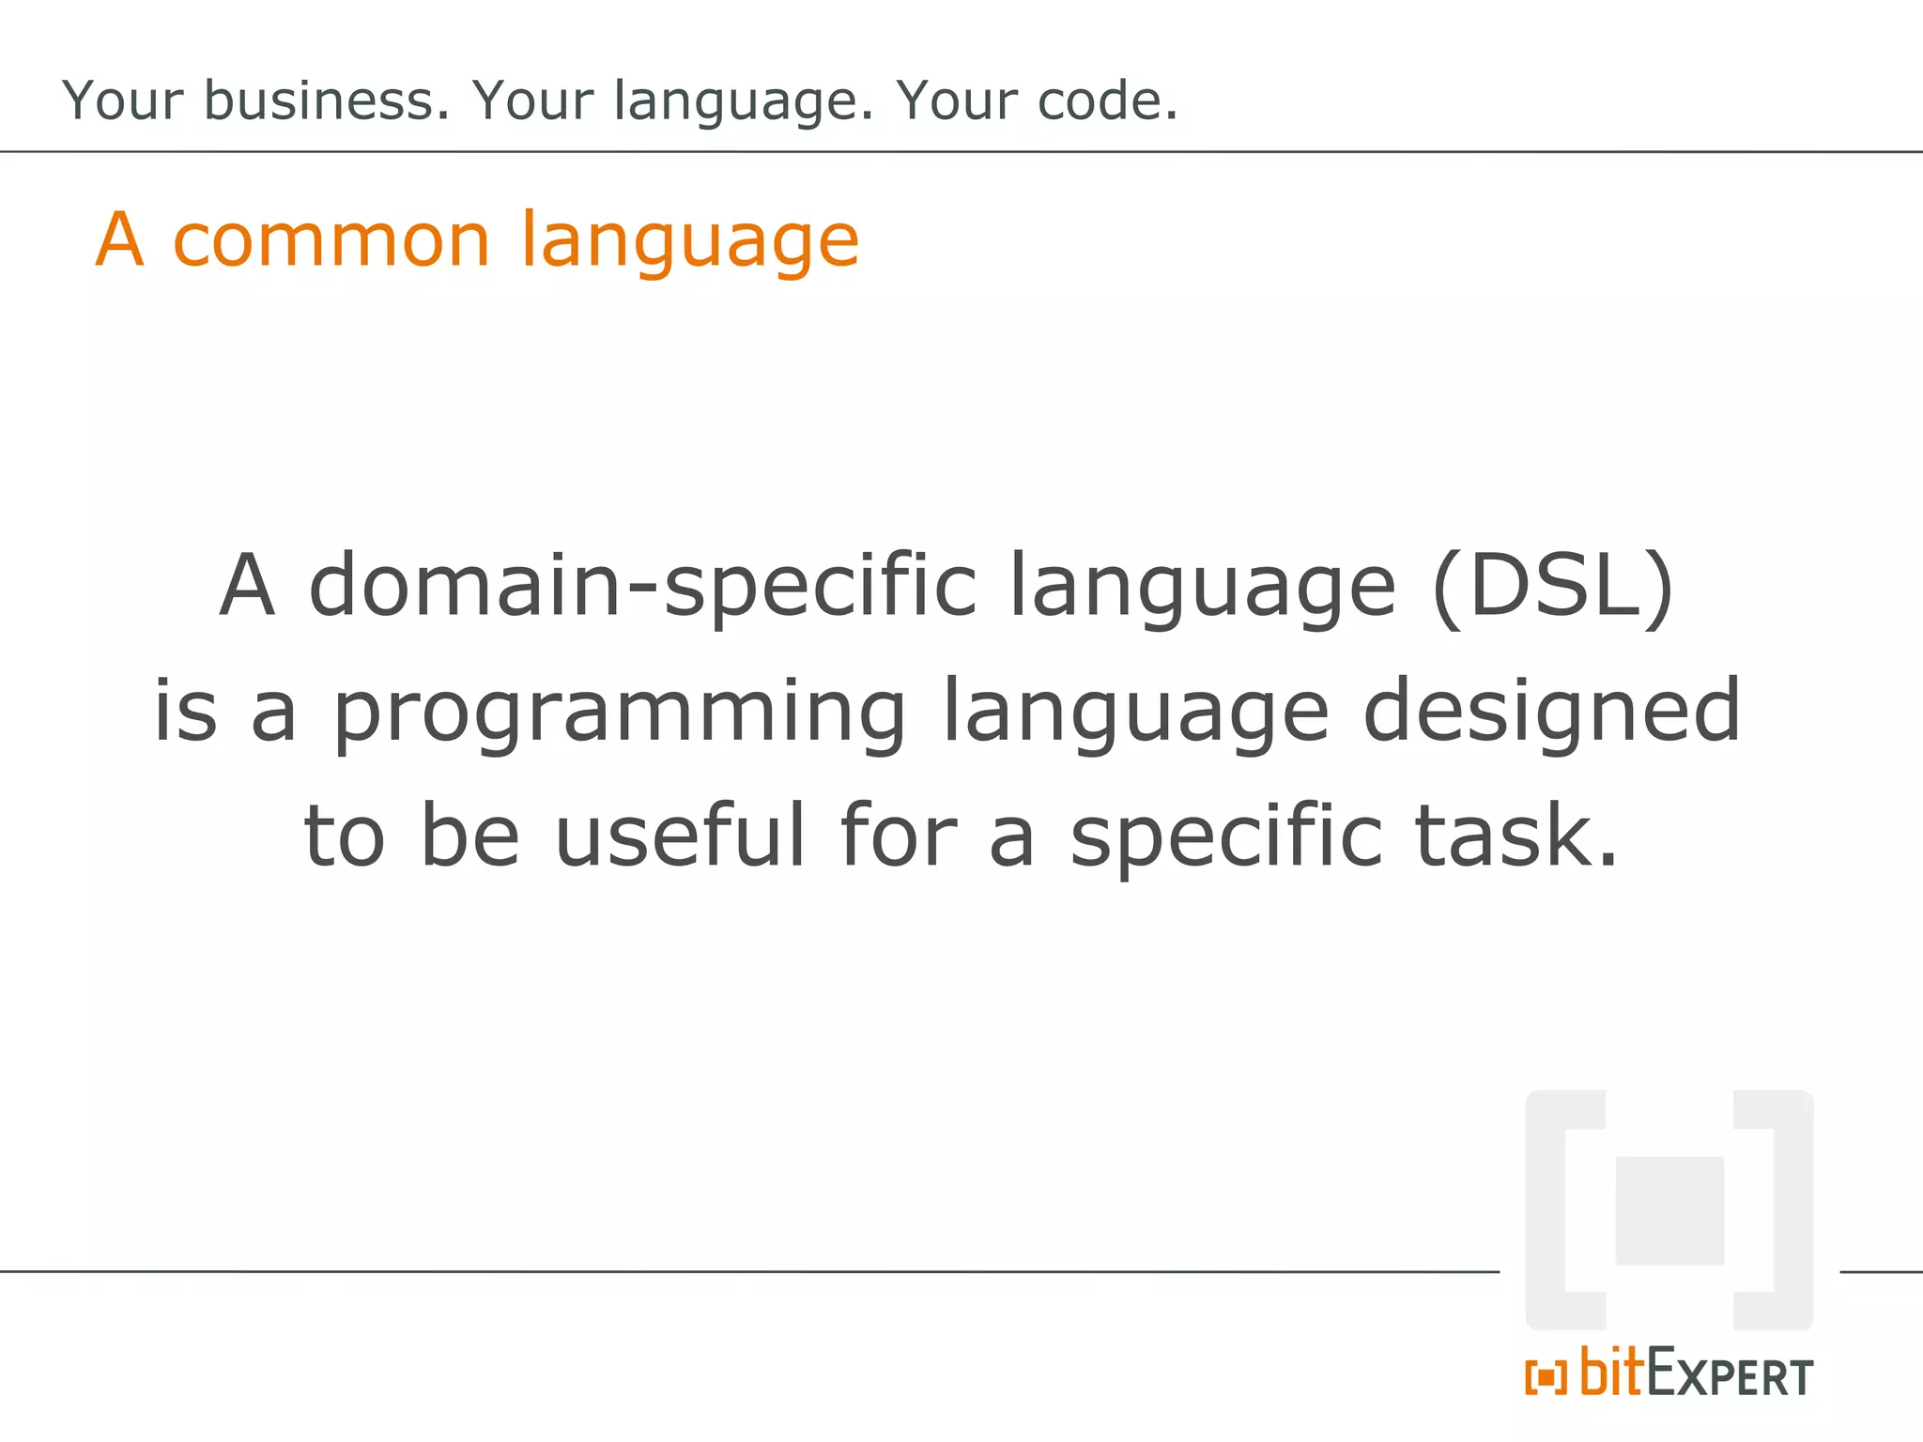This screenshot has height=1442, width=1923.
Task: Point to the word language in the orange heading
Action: click(x=689, y=242)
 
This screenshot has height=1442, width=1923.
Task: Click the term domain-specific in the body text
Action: click(x=643, y=586)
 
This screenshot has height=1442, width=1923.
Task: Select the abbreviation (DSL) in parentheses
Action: click(x=1553, y=586)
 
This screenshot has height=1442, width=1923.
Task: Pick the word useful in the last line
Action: click(x=680, y=835)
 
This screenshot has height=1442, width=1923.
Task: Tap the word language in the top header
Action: click(x=742, y=101)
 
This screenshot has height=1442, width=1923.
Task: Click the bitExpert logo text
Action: click(x=1696, y=1373)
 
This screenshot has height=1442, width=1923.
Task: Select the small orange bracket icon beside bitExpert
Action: click(x=1546, y=1377)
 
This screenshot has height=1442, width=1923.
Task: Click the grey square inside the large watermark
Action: click(x=1669, y=1210)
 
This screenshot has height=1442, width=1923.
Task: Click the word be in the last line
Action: click(x=469, y=835)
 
